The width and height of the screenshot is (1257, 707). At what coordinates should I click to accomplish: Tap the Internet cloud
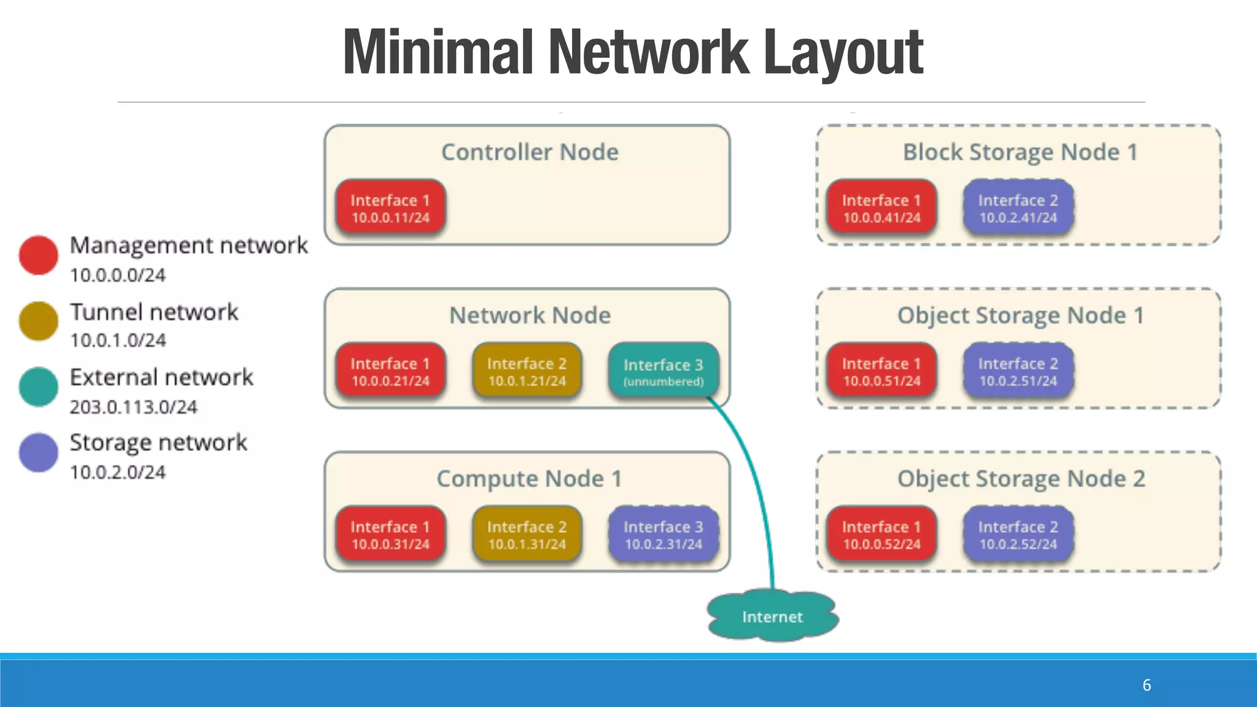pos(772,616)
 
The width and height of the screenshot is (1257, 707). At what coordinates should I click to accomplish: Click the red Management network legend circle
pos(38,255)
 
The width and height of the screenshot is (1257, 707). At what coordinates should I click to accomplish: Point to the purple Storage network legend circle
pos(38,453)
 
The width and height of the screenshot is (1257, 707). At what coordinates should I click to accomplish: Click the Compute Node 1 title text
pos(529,479)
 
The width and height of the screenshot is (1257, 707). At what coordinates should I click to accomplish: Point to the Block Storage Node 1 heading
pos(1020,152)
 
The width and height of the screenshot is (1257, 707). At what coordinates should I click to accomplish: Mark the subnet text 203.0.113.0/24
pos(133,407)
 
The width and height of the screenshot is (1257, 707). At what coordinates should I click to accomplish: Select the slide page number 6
pos(1147,685)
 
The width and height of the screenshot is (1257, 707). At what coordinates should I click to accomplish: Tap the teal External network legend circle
pos(38,387)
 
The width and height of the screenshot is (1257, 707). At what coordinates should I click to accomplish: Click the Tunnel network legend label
pos(153,312)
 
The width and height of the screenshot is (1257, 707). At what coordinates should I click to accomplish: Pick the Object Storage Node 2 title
pos(1021,479)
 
